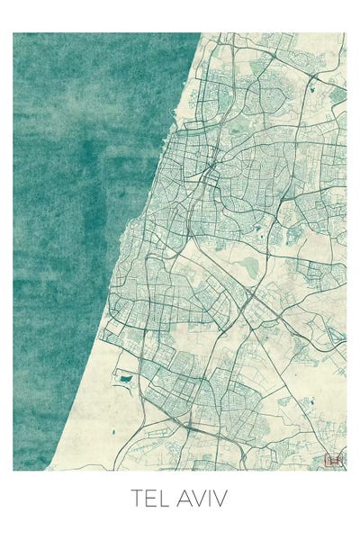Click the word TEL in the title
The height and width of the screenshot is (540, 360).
point(150,498)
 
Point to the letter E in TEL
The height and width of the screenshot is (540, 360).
point(151,498)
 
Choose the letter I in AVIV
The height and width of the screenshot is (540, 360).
point(213,498)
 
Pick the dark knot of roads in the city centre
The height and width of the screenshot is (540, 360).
point(208,171)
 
